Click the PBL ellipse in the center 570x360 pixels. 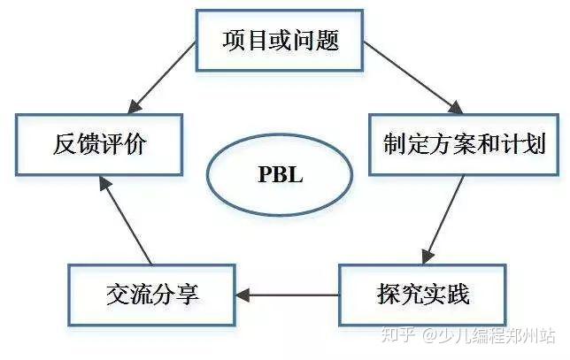(x=280, y=173)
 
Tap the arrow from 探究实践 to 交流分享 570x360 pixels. (x=287, y=295)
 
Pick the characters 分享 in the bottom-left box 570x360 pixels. (x=175, y=294)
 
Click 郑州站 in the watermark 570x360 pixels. (x=529, y=337)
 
